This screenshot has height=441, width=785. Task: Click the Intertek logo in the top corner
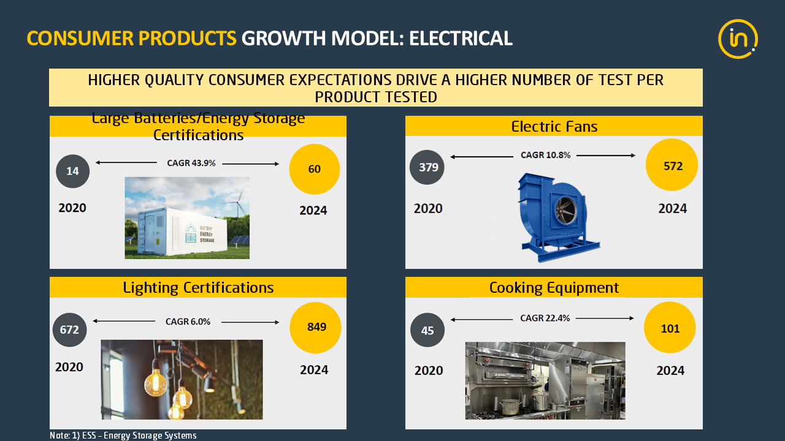point(738,39)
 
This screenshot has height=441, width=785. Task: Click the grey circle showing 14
point(72,171)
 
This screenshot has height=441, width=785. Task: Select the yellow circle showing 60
point(315,169)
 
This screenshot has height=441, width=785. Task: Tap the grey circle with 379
point(427,167)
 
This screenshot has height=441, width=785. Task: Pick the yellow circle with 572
point(672,165)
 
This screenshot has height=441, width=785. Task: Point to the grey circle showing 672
point(69,330)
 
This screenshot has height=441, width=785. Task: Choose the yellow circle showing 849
point(315,328)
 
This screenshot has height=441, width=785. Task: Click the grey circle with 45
point(427,330)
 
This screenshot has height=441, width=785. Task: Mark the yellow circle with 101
point(670,328)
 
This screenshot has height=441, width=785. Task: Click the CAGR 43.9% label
point(191,163)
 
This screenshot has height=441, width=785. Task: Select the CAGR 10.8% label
point(545,155)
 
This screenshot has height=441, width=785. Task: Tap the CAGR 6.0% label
point(188,322)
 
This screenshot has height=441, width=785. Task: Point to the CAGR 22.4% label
point(545,318)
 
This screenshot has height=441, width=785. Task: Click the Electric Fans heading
point(554,126)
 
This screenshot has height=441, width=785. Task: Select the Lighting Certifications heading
point(198,288)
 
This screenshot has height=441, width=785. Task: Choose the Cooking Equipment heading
point(554,288)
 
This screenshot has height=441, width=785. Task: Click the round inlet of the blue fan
point(565,210)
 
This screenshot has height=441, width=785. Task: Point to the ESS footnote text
point(123,435)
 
